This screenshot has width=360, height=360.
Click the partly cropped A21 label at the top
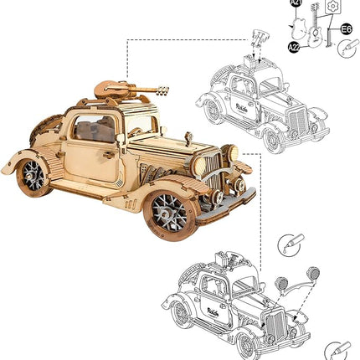296,3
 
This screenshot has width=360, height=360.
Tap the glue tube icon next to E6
347,49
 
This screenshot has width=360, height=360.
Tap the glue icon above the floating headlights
285,245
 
